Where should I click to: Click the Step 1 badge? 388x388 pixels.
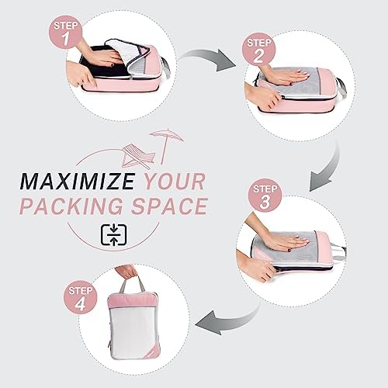tap(65, 33)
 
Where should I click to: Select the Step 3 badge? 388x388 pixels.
tap(265, 196)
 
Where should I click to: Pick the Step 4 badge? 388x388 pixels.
tap(80, 298)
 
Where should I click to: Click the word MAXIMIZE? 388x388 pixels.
tap(78, 182)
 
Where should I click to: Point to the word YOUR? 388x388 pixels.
tap(175, 182)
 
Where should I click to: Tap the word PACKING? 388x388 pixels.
tap(71, 206)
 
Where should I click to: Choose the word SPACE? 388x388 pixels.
tap(169, 206)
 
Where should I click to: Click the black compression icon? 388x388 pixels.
tap(113, 235)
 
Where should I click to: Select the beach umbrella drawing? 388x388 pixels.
tap(165, 144)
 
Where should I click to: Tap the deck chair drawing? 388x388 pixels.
tap(138, 156)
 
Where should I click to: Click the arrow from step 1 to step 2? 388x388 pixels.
tap(207, 59)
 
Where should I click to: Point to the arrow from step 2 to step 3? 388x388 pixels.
tap(327, 168)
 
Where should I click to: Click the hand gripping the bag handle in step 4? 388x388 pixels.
tap(126, 271)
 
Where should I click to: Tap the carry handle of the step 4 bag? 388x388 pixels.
tap(133, 284)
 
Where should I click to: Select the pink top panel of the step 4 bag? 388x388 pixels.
tap(134, 300)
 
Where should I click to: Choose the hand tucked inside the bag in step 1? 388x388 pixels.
tap(103, 56)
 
